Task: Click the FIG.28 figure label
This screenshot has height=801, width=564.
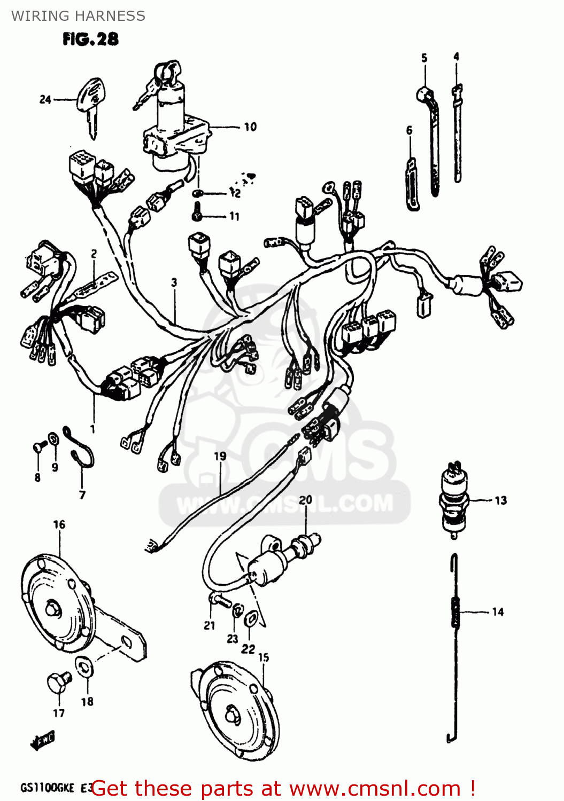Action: coord(90,39)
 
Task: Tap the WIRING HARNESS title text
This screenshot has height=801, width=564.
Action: coord(78,16)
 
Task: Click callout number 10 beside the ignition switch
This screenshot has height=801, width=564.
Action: coord(250,127)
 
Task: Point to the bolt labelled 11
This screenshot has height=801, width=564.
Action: coord(197,212)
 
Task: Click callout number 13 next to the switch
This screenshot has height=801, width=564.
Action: coord(500,500)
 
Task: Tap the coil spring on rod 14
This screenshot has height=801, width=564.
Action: coord(455,612)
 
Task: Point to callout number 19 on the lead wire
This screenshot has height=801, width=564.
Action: coord(220,456)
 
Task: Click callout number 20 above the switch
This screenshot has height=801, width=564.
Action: coord(305,500)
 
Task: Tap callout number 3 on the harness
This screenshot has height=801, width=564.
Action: coord(174,282)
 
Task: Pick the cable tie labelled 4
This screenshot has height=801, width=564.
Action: coord(457,133)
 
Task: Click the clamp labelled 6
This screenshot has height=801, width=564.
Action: coord(412,184)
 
